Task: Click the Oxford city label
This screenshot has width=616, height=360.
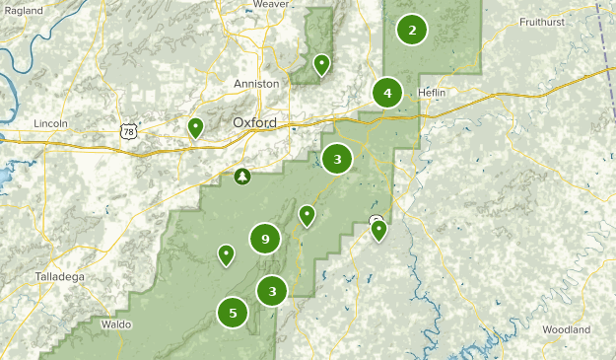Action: click(254, 122)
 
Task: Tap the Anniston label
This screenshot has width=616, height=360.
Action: click(256, 84)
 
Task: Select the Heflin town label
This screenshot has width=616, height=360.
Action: click(432, 93)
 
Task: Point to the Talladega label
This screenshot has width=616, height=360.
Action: click(59, 277)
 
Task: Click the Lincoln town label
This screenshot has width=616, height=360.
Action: click(49, 123)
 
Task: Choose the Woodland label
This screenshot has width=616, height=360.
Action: click(566, 328)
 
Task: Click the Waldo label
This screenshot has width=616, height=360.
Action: click(115, 324)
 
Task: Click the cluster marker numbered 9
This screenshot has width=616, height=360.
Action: click(264, 239)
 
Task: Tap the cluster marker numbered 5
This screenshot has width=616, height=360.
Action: click(233, 314)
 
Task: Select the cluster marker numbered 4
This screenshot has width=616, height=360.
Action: click(387, 94)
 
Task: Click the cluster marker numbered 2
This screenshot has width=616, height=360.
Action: click(412, 30)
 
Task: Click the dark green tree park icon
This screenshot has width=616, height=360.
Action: click(242, 177)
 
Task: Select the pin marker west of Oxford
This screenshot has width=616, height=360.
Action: click(195, 127)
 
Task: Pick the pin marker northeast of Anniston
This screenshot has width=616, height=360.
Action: click(321, 65)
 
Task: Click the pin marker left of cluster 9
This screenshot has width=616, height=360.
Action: click(227, 255)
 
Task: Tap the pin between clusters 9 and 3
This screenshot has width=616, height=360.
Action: click(308, 215)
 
